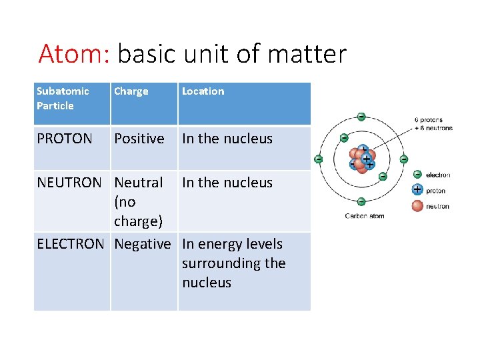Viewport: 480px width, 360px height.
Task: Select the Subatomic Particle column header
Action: (x=63, y=98)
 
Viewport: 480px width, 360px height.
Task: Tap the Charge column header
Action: (x=131, y=91)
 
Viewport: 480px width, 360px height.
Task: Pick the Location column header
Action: (x=203, y=91)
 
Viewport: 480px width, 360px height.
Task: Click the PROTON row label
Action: (x=64, y=139)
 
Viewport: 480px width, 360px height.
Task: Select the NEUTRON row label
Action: (x=69, y=183)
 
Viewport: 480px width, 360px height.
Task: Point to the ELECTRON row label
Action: (x=70, y=244)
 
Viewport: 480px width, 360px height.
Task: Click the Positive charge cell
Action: (x=139, y=139)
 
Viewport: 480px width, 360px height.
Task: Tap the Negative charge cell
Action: (x=142, y=244)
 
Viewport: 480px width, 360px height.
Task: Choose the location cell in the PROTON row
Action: (x=227, y=139)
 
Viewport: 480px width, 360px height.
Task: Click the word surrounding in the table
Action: (x=233, y=263)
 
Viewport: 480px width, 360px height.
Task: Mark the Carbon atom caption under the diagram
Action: (x=364, y=215)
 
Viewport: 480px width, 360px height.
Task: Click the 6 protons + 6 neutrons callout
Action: (x=433, y=124)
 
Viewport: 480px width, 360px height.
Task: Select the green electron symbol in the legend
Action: (x=417, y=175)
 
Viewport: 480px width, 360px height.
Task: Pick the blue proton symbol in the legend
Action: (x=417, y=190)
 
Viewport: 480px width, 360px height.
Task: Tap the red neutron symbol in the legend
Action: (x=417, y=205)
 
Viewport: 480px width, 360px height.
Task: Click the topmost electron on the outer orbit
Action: (x=361, y=117)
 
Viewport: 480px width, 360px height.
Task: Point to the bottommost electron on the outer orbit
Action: (x=361, y=201)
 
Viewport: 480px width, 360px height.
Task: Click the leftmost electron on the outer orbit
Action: (x=319, y=159)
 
